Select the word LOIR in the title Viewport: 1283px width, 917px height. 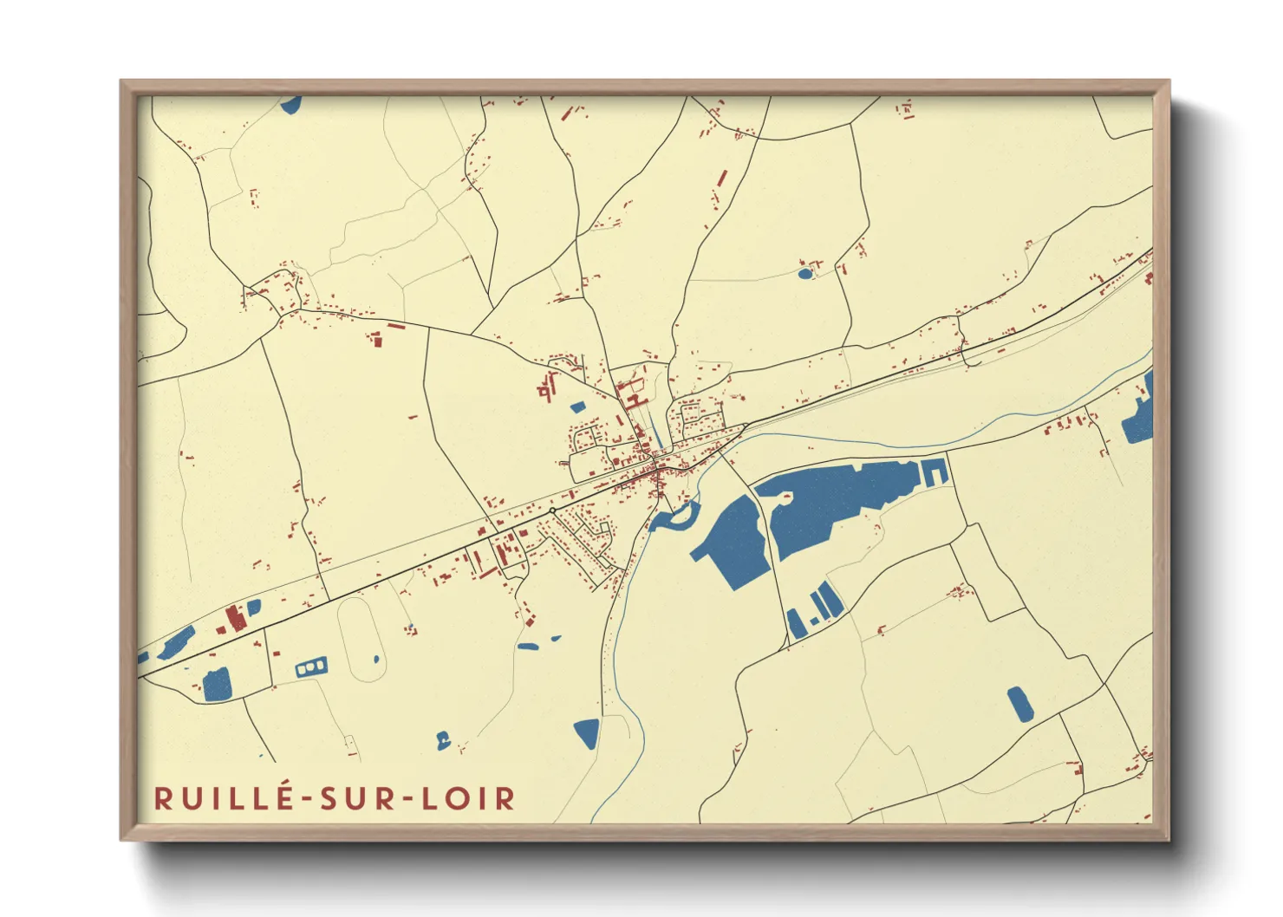pyautogui.click(x=468, y=798)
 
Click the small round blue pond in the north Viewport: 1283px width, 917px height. pyautogui.click(x=805, y=274)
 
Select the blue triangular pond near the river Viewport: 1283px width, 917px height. pyautogui.click(x=587, y=732)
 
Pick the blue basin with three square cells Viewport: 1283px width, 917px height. pyautogui.click(x=311, y=667)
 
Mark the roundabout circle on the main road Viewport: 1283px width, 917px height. pyautogui.click(x=552, y=511)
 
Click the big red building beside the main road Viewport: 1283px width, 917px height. pyautogui.click(x=234, y=619)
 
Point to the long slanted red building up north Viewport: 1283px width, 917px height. pyautogui.click(x=721, y=179)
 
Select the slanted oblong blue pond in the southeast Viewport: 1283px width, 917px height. pyautogui.click(x=1019, y=705)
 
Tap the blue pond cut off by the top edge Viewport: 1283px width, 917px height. pyautogui.click(x=291, y=105)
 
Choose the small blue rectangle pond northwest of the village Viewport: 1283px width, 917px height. pyautogui.click(x=577, y=406)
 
